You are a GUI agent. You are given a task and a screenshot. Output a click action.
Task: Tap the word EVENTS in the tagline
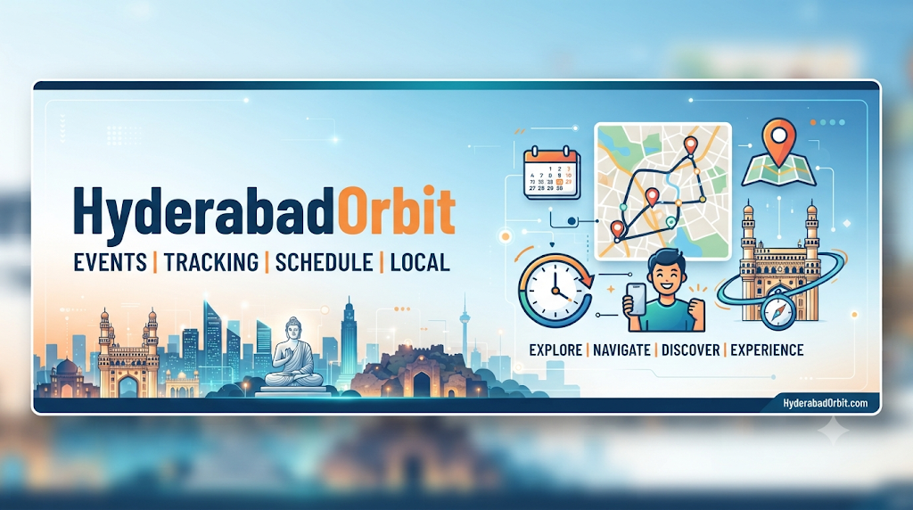point(111,262)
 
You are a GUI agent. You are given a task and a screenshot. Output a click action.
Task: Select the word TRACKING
point(210,262)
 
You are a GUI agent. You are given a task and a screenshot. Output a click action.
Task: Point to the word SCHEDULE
point(324,262)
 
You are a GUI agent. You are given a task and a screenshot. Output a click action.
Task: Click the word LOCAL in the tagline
point(420,262)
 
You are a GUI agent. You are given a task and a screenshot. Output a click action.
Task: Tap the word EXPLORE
point(555,350)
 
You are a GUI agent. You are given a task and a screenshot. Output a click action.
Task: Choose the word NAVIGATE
point(621,350)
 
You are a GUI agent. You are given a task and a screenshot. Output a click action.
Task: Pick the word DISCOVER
point(691,350)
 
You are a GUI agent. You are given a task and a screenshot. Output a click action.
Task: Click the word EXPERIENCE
point(767,350)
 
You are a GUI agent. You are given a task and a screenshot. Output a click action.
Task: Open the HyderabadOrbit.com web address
point(825,403)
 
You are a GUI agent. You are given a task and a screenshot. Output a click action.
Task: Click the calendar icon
point(552,173)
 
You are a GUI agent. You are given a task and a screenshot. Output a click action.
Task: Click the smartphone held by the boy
point(636,300)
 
